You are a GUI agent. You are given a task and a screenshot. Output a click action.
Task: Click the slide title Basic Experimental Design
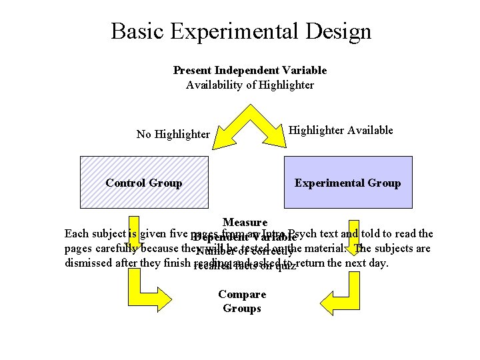[x=241, y=31]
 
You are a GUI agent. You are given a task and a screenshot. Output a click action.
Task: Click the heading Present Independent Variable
[x=249, y=70]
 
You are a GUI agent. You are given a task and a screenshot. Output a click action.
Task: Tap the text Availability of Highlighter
[x=249, y=85]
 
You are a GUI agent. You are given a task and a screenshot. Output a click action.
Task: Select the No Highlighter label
[x=173, y=134]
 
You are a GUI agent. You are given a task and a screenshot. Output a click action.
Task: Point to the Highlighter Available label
[x=340, y=130]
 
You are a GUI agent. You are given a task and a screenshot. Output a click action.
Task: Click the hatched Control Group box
[x=144, y=183]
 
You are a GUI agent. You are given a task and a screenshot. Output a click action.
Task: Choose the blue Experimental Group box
[x=347, y=183]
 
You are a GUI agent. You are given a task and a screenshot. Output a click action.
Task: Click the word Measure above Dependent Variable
[x=245, y=222]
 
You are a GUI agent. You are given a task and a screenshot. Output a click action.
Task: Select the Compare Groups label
[x=241, y=301]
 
